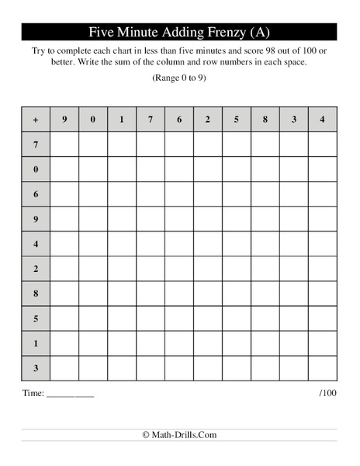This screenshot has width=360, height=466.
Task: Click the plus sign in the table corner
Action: [36, 120]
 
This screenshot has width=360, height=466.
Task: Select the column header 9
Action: [64, 120]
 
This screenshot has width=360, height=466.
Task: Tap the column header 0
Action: [93, 120]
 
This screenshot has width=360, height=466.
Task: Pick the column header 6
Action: [179, 120]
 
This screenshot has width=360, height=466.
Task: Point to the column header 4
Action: [323, 120]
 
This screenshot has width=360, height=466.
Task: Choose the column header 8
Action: [265, 120]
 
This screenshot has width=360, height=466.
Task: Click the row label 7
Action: [36, 144]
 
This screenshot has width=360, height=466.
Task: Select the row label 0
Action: [36, 169]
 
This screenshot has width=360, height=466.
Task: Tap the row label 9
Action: [36, 219]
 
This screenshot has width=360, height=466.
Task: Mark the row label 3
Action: [36, 368]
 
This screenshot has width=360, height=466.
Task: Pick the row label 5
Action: [36, 318]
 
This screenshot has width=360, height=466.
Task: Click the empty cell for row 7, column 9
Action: [64, 144]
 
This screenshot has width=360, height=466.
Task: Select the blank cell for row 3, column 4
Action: [323, 368]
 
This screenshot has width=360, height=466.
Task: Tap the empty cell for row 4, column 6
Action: [179, 244]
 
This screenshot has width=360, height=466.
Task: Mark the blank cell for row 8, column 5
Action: [237, 294]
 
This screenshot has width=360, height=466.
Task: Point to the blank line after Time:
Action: [70, 395]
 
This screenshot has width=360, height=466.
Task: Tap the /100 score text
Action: [327, 393]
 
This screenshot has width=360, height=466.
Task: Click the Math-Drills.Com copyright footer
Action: [179, 435]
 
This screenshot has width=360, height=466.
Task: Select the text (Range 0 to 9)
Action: [179, 78]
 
